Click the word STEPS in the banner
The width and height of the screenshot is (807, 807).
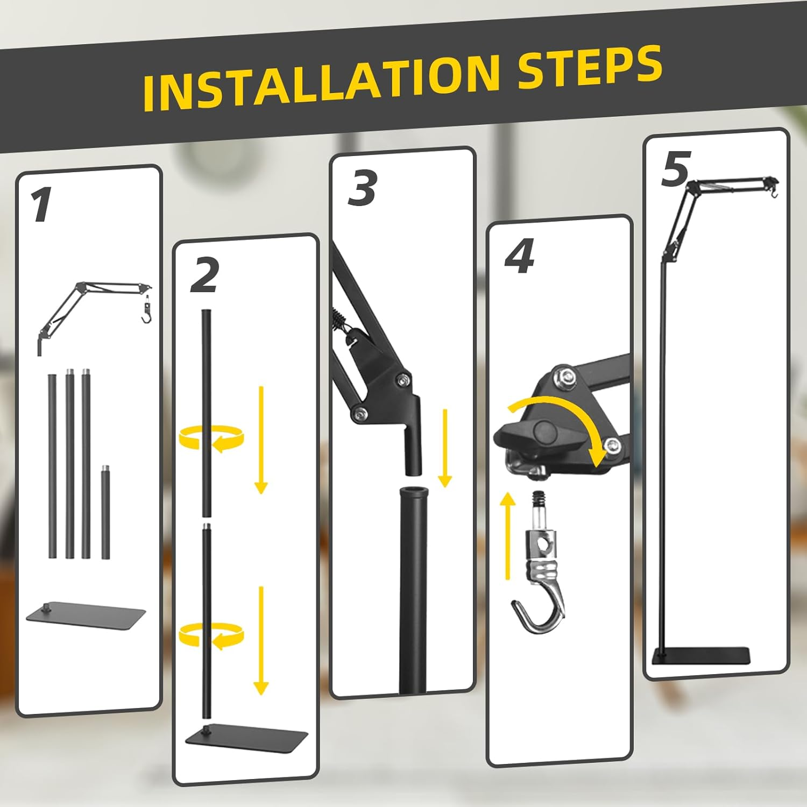point(590,67)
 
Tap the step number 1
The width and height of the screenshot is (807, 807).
point(40,205)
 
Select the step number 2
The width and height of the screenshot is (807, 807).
point(205,275)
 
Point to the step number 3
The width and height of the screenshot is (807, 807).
point(362,188)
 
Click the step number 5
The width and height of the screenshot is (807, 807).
point(676,169)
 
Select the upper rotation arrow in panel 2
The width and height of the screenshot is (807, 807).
point(211,437)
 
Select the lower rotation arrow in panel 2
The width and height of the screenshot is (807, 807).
point(211,636)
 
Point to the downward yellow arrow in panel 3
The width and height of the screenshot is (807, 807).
point(445,448)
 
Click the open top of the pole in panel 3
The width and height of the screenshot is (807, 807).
point(413,492)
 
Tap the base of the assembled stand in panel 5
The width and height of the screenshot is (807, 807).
point(701,656)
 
